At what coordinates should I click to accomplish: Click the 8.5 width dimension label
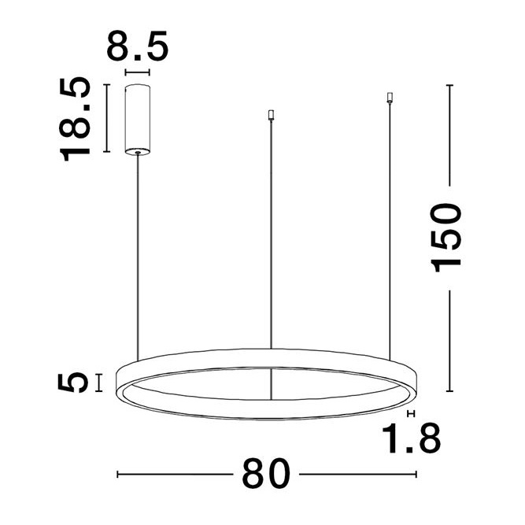click(138, 46)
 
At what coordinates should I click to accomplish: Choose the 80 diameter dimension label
click(267, 475)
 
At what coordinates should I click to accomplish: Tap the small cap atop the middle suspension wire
click(271, 115)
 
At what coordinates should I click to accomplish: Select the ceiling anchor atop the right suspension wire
click(390, 98)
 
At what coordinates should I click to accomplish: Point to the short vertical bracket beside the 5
click(98, 383)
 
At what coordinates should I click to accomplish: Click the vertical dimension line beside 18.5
click(105, 116)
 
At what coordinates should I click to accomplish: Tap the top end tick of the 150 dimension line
click(449, 84)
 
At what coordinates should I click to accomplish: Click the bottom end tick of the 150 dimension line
click(449, 390)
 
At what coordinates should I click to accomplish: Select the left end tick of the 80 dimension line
click(117, 475)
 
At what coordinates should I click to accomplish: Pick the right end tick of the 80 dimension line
click(416, 475)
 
